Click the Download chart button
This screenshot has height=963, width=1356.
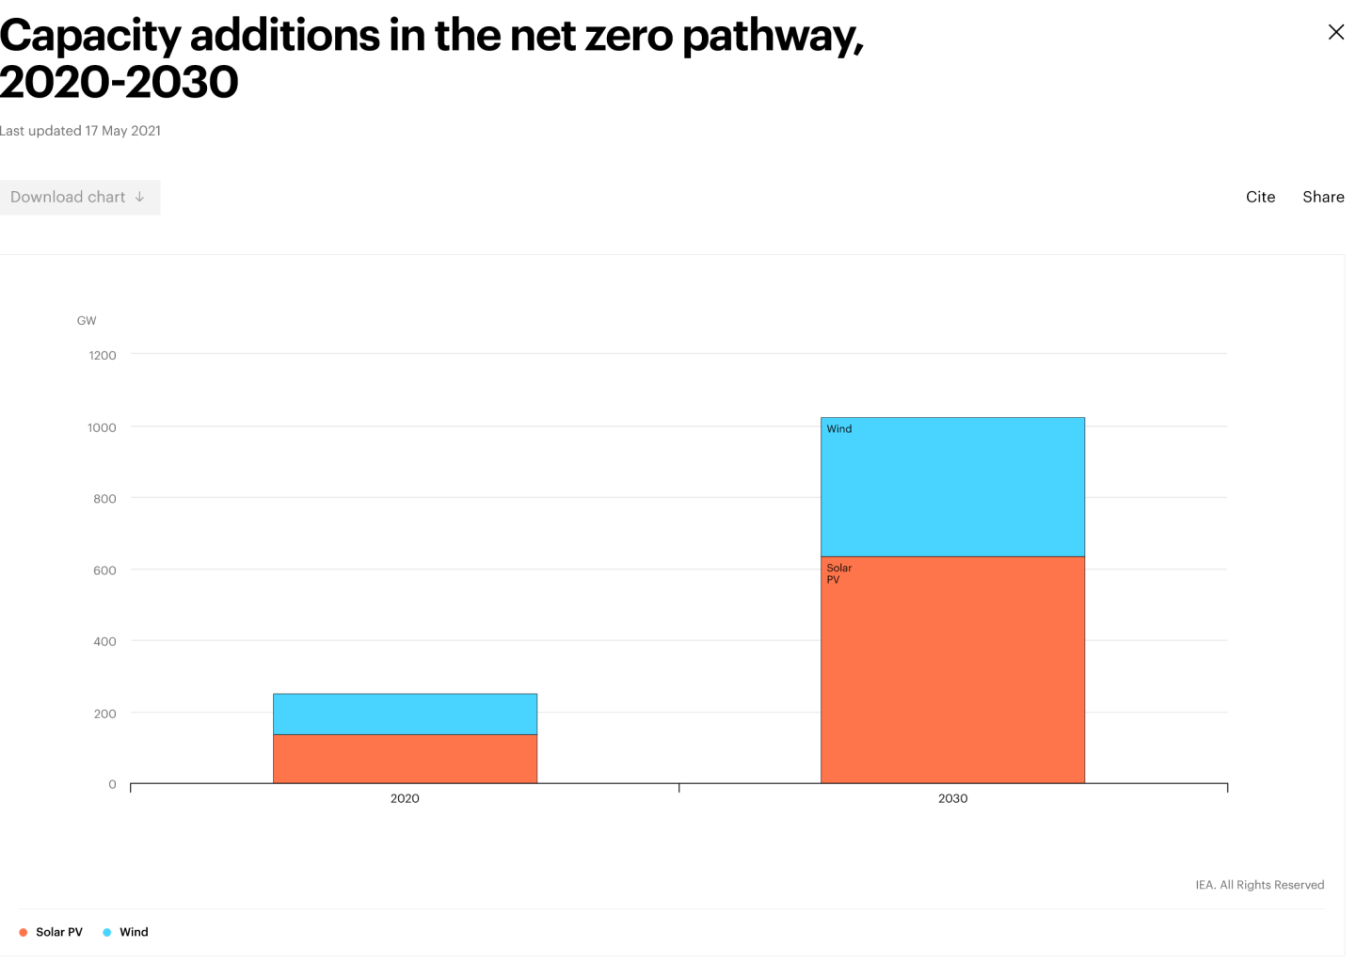coord(79,197)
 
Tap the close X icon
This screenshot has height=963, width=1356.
coord(1335,33)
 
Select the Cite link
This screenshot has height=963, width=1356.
coord(1260,197)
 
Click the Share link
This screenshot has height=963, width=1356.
coord(1322,197)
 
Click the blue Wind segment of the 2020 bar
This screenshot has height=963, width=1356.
coord(405,714)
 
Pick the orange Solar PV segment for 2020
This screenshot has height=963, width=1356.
coord(405,759)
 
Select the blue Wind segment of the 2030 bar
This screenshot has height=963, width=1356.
coord(952,488)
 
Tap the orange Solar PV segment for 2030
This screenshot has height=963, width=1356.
coord(952,670)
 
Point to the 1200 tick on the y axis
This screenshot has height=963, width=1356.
coord(103,355)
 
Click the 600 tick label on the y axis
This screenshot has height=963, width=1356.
coord(104,570)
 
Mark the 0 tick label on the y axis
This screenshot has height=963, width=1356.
coord(112,784)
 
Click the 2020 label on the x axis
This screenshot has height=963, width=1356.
coord(405,798)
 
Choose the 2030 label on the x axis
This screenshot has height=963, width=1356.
coord(952,798)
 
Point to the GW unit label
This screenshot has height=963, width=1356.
coord(87,321)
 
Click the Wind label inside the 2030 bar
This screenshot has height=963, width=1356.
coord(838,429)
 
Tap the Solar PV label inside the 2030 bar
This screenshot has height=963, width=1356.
coord(838,573)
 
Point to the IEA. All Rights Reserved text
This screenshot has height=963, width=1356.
coord(1259,885)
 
